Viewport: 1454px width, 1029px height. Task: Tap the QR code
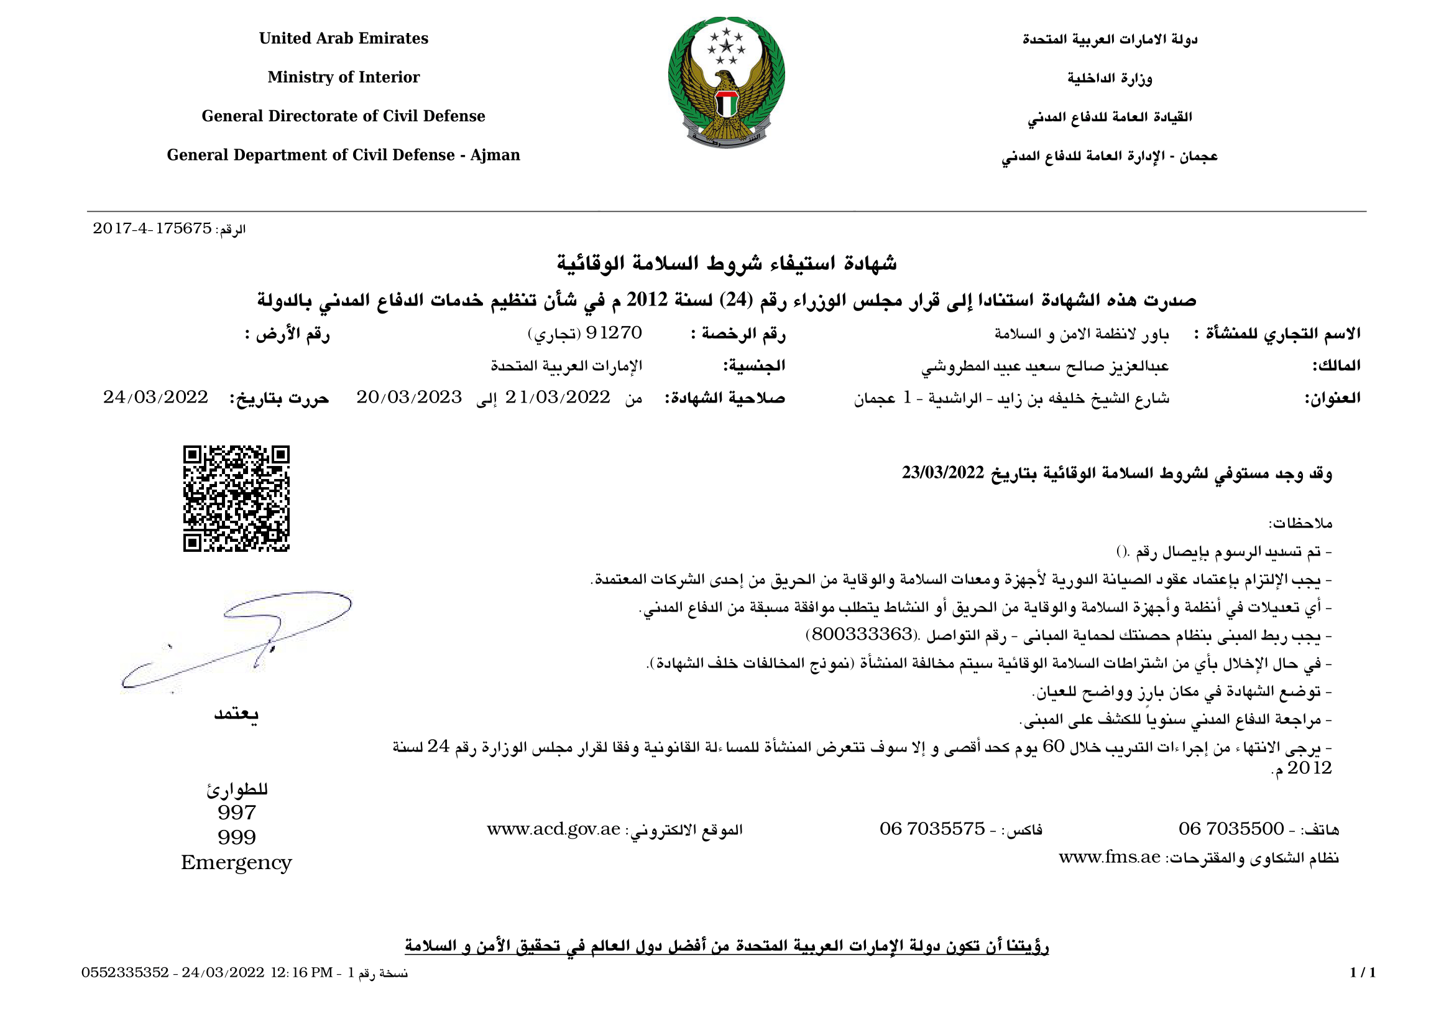coord(236,499)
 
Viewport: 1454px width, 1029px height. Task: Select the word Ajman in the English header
coord(495,156)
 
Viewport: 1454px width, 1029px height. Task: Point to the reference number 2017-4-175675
coord(152,229)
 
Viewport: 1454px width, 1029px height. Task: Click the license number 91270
coord(614,333)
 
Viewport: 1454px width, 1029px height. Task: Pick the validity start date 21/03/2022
coord(557,398)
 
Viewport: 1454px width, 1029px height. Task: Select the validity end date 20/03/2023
coord(409,398)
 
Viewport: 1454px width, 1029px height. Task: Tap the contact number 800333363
coord(861,634)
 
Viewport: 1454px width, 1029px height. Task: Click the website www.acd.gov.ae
coord(553,829)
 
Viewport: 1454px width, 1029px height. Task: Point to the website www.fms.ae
coord(1110,858)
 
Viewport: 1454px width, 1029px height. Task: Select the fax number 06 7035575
coord(932,829)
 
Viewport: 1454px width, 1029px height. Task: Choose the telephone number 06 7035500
coord(1231,829)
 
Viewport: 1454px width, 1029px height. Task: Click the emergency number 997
coord(237,813)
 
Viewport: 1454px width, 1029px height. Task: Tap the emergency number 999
coord(237,837)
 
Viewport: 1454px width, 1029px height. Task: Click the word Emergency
coord(236,863)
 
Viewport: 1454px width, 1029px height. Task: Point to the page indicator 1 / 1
coord(1363,972)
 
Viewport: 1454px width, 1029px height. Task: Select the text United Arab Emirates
coord(343,39)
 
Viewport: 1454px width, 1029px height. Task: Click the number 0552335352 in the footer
coord(125,973)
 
